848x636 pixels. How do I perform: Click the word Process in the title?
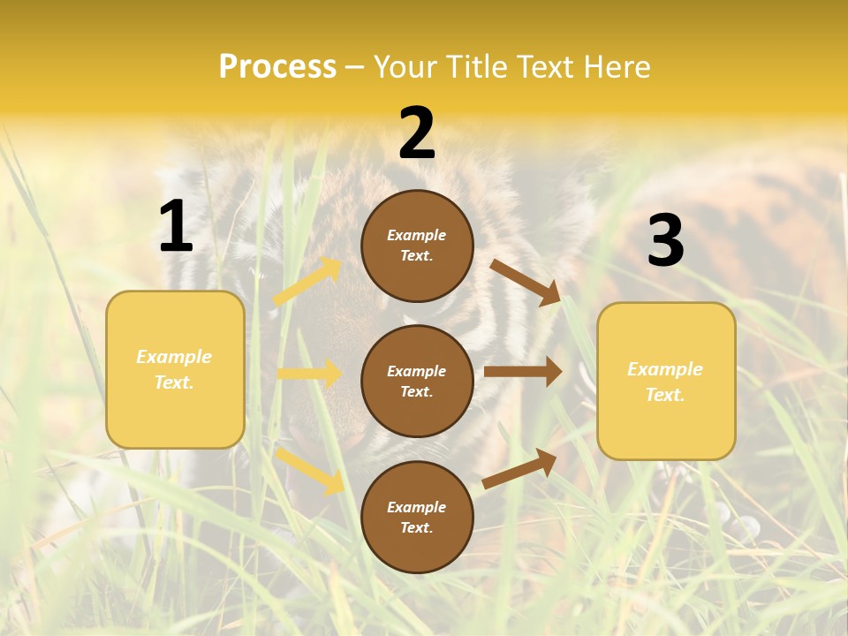(277, 67)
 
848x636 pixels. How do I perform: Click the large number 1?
(176, 227)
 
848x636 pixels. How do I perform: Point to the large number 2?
(417, 134)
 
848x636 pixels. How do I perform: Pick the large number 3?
(665, 240)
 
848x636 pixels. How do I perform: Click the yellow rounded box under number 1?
(175, 369)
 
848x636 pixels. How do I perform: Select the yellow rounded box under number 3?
(666, 382)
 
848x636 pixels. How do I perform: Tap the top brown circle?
(417, 246)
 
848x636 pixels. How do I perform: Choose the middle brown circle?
(417, 381)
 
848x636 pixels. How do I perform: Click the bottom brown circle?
(417, 517)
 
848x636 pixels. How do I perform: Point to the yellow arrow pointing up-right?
(307, 282)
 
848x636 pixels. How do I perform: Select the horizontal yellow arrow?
(308, 374)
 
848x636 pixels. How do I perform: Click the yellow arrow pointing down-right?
(309, 470)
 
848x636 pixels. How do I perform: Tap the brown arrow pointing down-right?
(525, 282)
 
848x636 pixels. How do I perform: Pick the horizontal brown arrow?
(522, 372)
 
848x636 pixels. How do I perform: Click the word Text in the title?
(548, 67)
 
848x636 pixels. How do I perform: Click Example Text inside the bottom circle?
(417, 518)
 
